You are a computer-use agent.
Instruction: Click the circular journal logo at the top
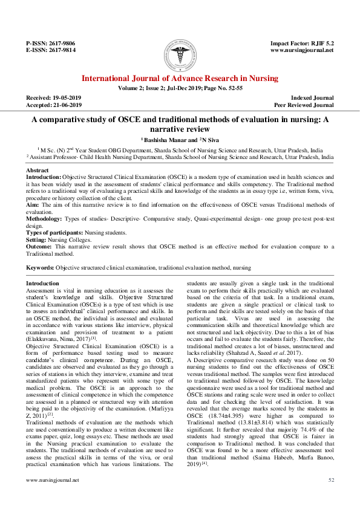click(180, 54)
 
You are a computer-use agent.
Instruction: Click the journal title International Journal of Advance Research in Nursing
click(180, 79)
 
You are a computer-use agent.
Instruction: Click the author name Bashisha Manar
click(163, 140)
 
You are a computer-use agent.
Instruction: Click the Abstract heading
click(38, 170)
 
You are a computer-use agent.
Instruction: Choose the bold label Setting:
click(36, 239)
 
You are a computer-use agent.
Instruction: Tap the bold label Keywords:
click(41, 267)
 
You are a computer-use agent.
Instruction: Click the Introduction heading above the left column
click(43, 283)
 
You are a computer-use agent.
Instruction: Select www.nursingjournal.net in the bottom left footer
click(53, 496)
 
